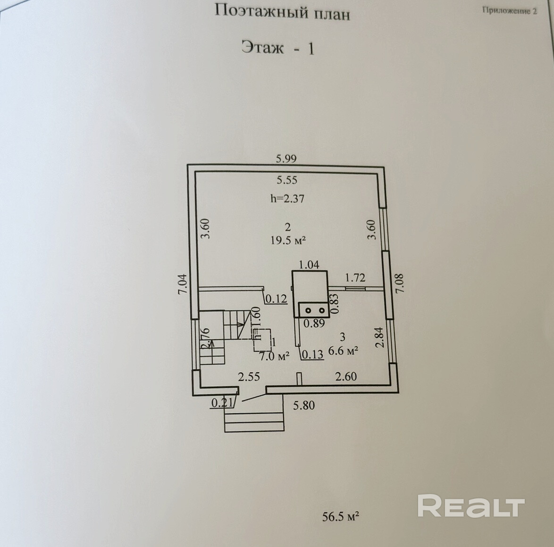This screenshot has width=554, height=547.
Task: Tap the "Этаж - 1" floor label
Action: tap(277, 48)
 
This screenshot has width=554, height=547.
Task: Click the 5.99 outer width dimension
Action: tap(286, 159)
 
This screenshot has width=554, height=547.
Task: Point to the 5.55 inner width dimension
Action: tap(287, 179)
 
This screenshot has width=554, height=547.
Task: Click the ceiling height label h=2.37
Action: tap(287, 198)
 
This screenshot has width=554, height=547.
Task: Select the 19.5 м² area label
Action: tap(288, 240)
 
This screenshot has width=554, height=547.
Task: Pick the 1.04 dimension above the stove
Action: tap(310, 265)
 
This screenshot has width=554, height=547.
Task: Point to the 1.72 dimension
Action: tap(355, 278)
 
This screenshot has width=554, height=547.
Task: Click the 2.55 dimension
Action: tap(249, 377)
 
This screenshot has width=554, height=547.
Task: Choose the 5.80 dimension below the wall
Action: tap(304, 405)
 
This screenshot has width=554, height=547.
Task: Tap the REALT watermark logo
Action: tap(471, 506)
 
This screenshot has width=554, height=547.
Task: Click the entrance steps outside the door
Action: tap(255, 417)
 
